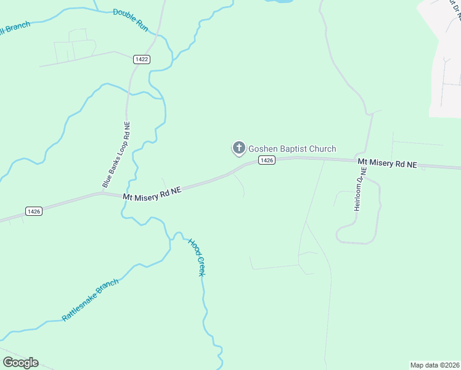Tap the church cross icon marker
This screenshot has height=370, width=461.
point(238,148)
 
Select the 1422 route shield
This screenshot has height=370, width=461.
point(142,59)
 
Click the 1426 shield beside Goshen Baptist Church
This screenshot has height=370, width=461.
point(266,160)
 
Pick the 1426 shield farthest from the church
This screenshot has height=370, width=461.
point(34,211)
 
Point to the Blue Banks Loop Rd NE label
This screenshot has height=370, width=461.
point(116,155)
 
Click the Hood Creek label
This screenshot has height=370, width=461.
point(196,257)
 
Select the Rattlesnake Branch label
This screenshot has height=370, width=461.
point(90,300)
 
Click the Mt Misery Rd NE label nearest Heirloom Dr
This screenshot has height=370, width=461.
point(388,163)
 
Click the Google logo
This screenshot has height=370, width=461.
point(20,363)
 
